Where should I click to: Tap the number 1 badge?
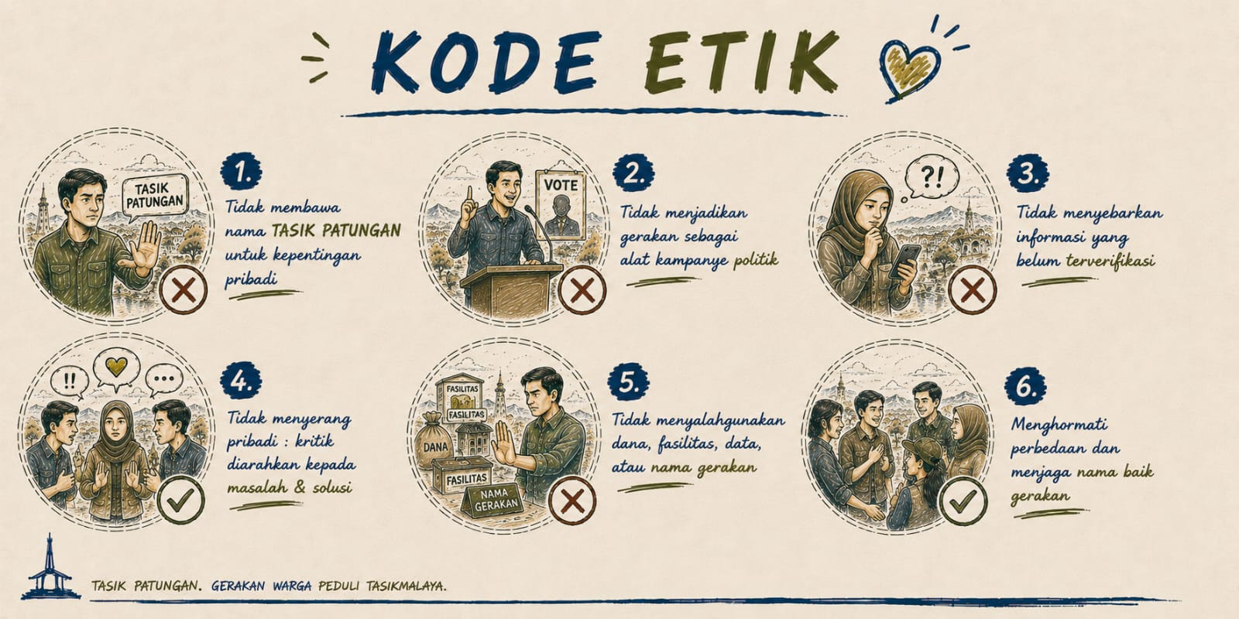click(241, 172)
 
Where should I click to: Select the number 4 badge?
click(241, 381)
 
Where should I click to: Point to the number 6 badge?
click(1025, 386)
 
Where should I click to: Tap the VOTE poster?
click(561, 204)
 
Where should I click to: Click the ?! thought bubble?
click(931, 178)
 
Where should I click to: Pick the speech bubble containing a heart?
click(116, 369)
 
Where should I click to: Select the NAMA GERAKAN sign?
click(495, 499)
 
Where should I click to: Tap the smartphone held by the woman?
click(905, 261)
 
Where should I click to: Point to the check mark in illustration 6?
click(963, 501)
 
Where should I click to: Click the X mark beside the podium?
click(582, 290)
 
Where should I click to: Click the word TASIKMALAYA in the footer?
click(406, 585)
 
